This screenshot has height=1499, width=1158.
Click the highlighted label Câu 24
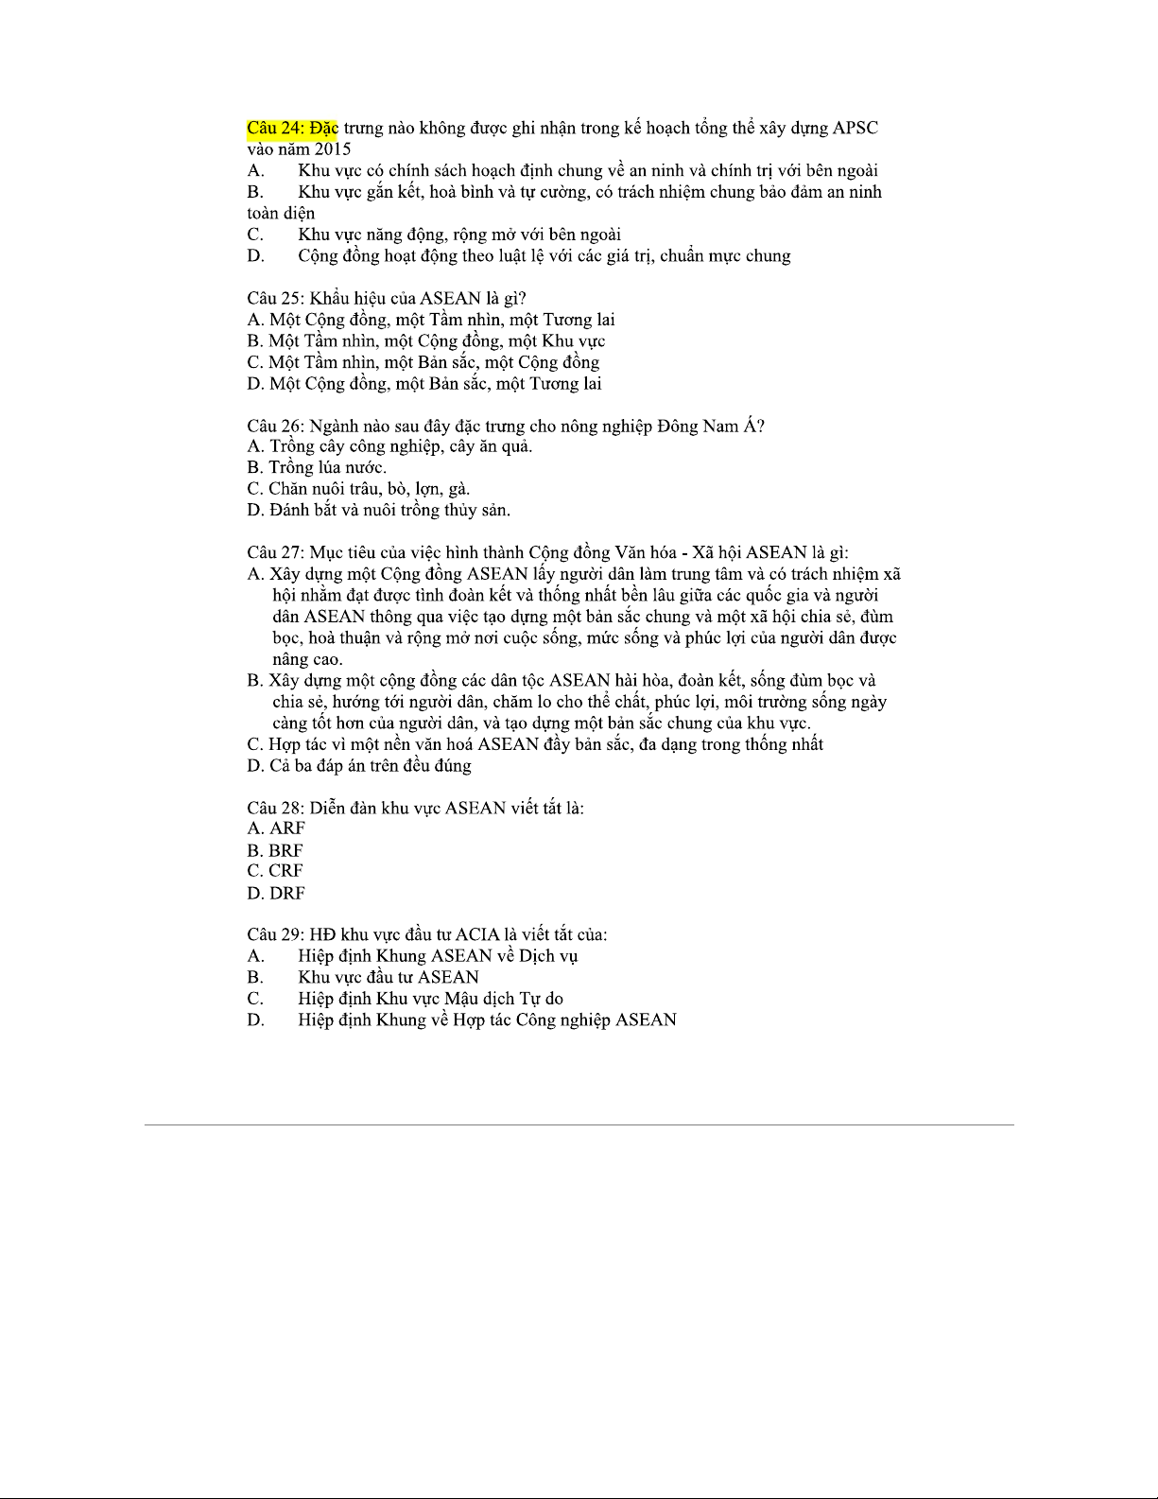click(x=274, y=128)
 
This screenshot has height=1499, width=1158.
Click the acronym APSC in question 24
click(x=856, y=128)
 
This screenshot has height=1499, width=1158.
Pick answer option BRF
click(x=285, y=850)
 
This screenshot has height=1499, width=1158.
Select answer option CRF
click(x=285, y=871)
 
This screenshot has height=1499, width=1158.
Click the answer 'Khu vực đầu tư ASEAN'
click(x=389, y=977)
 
